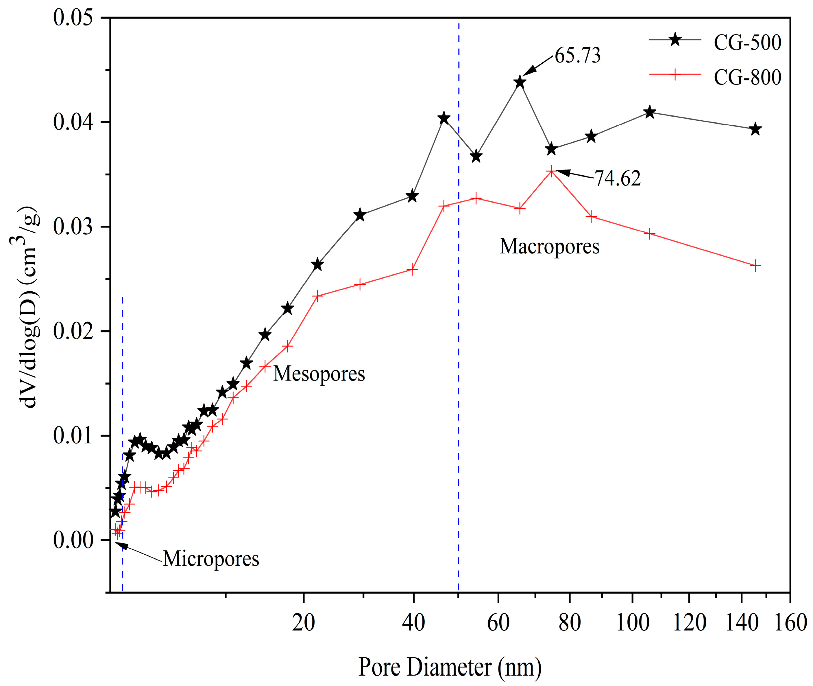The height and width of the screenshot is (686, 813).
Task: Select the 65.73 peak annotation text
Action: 577,55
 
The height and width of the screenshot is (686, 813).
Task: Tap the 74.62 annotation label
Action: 618,179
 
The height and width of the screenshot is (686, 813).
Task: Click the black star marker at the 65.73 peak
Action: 520,82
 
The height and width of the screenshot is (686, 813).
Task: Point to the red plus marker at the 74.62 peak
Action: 551,171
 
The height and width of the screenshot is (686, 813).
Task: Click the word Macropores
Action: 549,246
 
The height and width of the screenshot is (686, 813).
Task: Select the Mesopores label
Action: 319,374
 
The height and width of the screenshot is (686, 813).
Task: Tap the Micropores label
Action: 211,559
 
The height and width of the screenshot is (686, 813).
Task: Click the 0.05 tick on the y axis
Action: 73,18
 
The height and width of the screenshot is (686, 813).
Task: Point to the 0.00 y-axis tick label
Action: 73,540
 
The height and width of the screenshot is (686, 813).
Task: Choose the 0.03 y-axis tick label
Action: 73,227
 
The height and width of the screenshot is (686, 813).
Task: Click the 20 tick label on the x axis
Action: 303,623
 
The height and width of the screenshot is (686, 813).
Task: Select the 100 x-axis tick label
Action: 632,623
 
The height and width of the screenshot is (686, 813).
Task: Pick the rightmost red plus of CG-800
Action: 755,266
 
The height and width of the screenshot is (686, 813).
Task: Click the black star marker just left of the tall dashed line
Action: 444,119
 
